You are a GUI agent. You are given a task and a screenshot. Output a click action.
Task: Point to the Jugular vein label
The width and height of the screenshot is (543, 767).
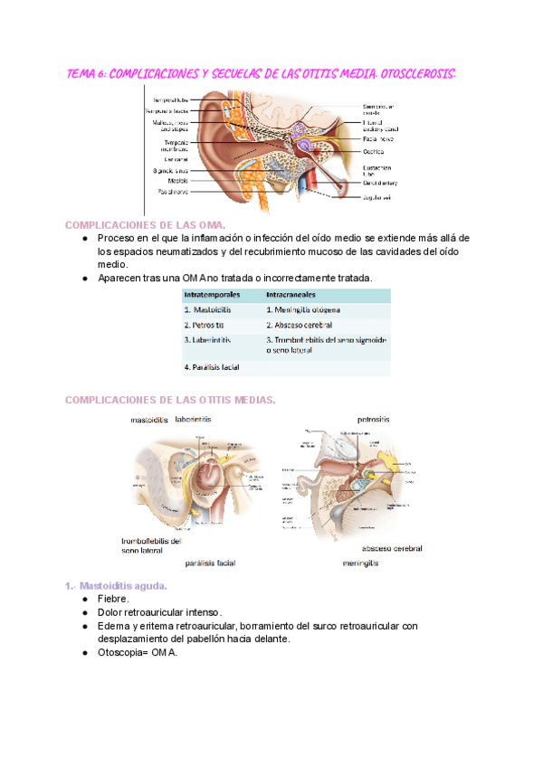pyautogui.click(x=378, y=196)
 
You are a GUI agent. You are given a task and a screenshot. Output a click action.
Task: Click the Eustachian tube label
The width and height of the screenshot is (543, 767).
pyautogui.click(x=377, y=170)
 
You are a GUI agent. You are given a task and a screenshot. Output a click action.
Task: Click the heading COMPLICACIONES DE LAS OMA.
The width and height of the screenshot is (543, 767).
pyautogui.click(x=145, y=223)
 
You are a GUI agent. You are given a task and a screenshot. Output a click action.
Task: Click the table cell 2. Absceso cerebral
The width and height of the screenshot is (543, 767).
pyautogui.click(x=299, y=325)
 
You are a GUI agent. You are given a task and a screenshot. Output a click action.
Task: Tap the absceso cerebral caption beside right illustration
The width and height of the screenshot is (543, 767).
pyautogui.click(x=392, y=548)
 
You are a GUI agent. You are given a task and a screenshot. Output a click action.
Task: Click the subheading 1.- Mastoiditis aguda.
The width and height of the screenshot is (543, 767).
pyautogui.click(x=122, y=586)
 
